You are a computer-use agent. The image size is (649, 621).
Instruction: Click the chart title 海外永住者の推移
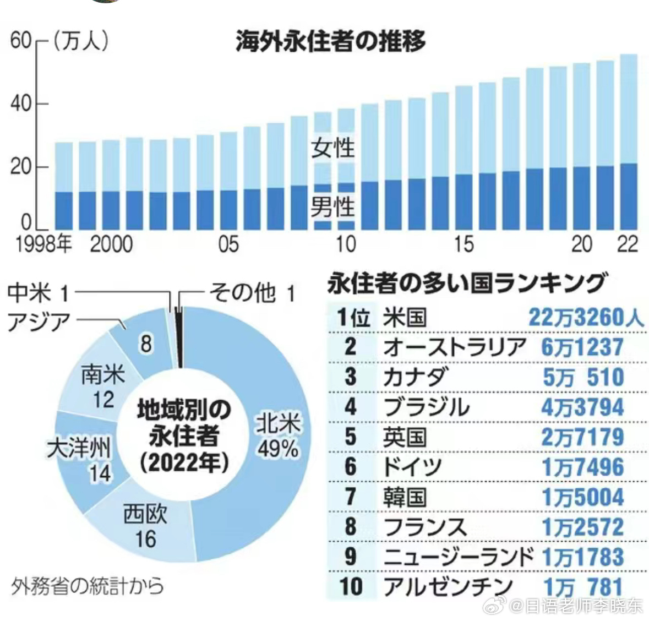tap(330, 42)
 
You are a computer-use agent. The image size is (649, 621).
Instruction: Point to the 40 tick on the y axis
tap(20, 103)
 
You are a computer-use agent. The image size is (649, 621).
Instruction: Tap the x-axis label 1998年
tap(44, 244)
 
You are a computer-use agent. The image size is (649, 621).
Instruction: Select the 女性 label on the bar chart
tap(333, 148)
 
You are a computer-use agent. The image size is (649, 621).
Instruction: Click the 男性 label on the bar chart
tap(333, 207)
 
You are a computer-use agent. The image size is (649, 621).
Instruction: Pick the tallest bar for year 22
tap(628, 141)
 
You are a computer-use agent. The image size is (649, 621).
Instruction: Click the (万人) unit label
tap(80, 41)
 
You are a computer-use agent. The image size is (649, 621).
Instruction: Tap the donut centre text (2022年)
tap(184, 462)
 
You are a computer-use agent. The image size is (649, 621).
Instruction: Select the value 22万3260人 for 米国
tap(586, 318)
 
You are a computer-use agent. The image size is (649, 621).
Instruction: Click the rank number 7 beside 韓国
tap(351, 497)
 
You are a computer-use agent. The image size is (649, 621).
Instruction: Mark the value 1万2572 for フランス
tap(583, 527)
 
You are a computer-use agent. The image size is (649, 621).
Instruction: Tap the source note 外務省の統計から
tap(88, 586)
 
